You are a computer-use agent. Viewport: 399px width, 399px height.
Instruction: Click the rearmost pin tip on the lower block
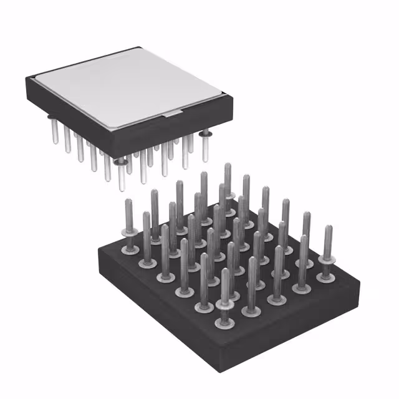tap(228, 167)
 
